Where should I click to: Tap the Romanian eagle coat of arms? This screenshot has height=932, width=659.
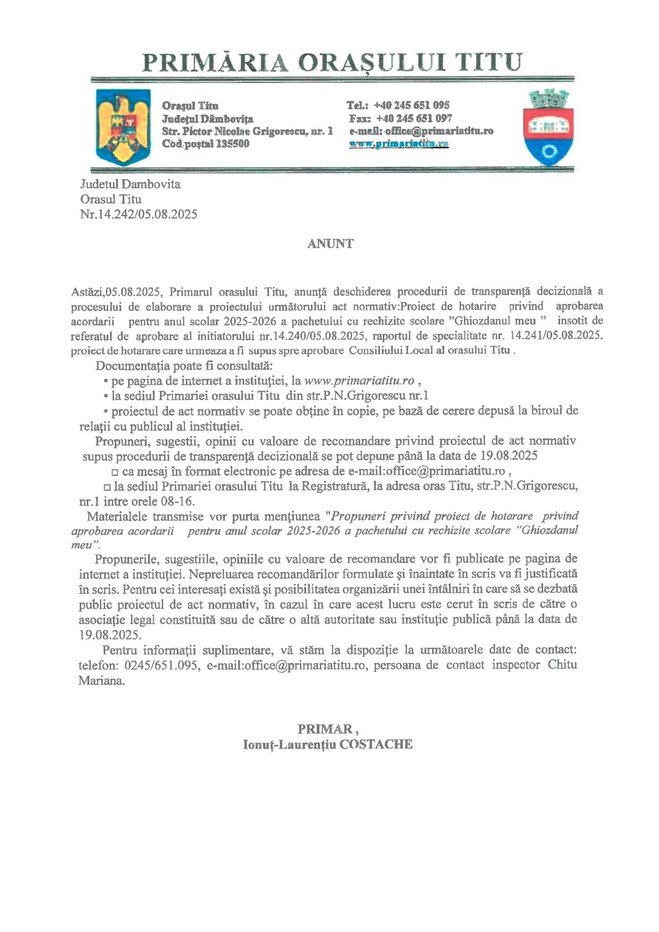pyautogui.click(x=121, y=127)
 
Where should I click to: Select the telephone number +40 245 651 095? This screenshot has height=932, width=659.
pyautogui.click(x=412, y=105)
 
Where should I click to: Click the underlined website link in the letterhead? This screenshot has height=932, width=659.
pyautogui.click(x=399, y=144)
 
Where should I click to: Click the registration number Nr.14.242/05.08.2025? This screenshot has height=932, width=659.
pyautogui.click(x=139, y=214)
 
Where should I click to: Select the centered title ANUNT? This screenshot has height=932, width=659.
pyautogui.click(x=330, y=244)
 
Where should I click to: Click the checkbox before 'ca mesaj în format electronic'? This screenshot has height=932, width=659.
pyautogui.click(x=115, y=472)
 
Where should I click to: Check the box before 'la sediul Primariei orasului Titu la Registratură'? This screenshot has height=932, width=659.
pyautogui.click(x=106, y=486)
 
